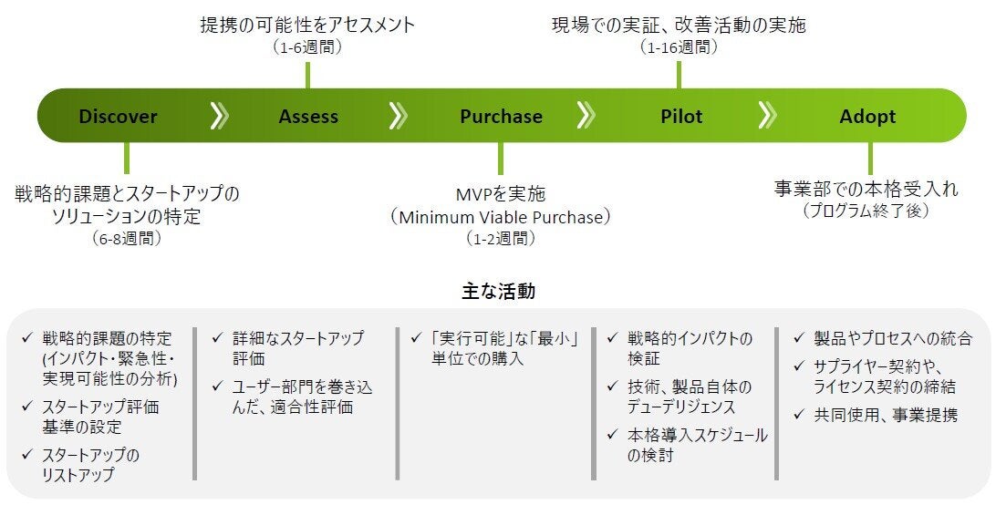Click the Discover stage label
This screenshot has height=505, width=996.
(118, 117)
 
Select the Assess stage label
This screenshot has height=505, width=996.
(308, 117)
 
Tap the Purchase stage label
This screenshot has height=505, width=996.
(501, 117)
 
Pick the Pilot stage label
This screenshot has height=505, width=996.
(682, 117)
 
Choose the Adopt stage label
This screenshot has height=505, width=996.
(867, 117)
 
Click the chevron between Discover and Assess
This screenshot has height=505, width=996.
(219, 116)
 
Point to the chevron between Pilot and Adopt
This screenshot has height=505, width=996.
(767, 116)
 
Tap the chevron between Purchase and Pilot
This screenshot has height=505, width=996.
(586, 116)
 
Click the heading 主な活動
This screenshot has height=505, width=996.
(498, 292)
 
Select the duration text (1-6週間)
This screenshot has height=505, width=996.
(307, 46)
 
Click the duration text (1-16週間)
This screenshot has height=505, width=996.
(679, 46)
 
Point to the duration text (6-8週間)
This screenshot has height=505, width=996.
(127, 239)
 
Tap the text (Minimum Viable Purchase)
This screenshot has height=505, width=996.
(500, 217)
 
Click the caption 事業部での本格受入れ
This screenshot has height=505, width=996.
(866, 190)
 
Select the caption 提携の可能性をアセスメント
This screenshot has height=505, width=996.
(307, 25)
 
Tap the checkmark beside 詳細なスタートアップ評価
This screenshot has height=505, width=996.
(217, 338)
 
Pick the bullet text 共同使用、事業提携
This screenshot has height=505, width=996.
(886, 415)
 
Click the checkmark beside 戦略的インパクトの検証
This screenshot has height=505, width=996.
(612, 338)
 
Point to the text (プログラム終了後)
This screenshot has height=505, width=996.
(866, 211)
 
